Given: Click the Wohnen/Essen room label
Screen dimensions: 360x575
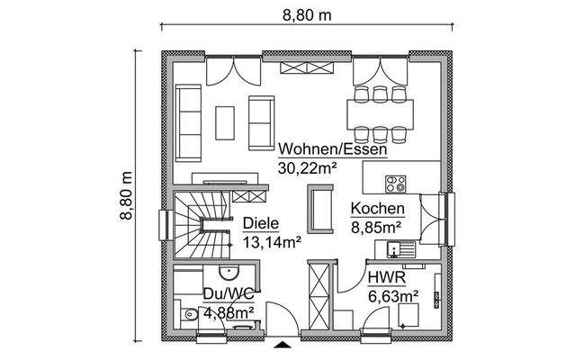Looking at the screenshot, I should (332, 149).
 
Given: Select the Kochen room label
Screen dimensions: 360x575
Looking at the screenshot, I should (377, 209).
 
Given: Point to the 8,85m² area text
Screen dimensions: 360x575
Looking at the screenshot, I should (377, 226).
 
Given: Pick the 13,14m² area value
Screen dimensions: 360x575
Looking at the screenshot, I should (271, 240).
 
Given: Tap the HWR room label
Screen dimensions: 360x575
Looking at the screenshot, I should (383, 277).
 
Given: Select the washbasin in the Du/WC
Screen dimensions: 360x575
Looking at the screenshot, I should (227, 272).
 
